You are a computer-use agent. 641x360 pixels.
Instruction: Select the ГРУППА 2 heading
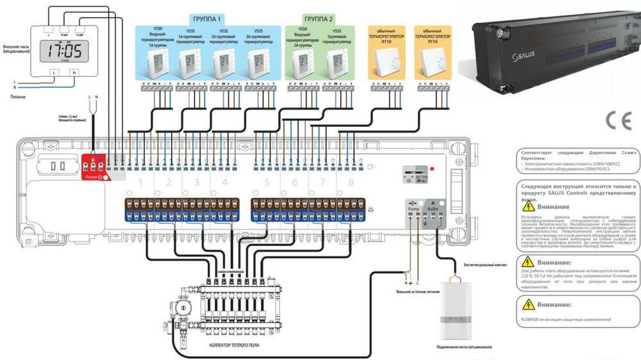coord(319,19)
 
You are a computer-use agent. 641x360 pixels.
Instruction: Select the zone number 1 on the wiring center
coord(140,184)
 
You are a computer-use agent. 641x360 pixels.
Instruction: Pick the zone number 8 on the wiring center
coord(350,184)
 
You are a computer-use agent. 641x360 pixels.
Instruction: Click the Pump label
coord(413,209)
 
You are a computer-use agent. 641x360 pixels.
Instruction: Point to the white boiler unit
coord(455,307)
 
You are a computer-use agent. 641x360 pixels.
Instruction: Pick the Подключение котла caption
coord(455,346)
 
